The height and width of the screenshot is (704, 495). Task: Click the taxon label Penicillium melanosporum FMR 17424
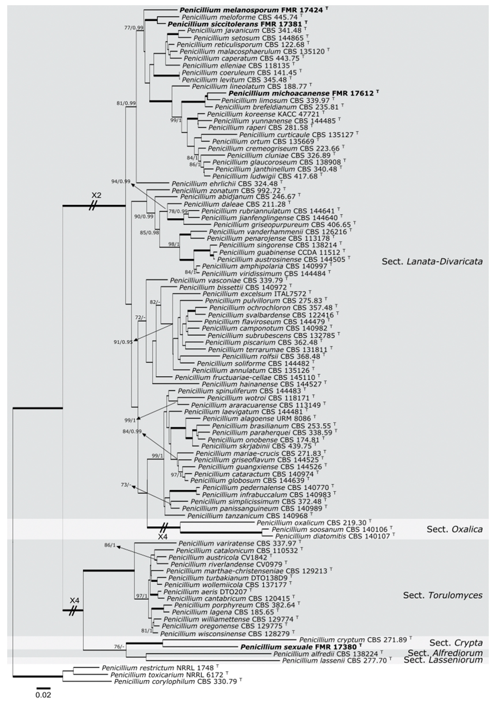[251, 10]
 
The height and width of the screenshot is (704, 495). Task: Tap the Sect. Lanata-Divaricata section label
[432, 261]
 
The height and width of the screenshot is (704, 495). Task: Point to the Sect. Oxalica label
[454, 529]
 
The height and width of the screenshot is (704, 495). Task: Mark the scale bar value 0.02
[43, 694]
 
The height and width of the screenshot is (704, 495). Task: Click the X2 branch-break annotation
[96, 195]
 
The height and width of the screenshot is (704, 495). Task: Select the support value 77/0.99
[134, 28]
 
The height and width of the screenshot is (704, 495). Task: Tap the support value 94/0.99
[121, 181]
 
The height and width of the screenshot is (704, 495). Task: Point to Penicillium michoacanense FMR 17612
[301, 93]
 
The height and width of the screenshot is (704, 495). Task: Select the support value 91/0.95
[123, 342]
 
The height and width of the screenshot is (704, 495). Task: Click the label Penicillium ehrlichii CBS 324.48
[225, 184]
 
